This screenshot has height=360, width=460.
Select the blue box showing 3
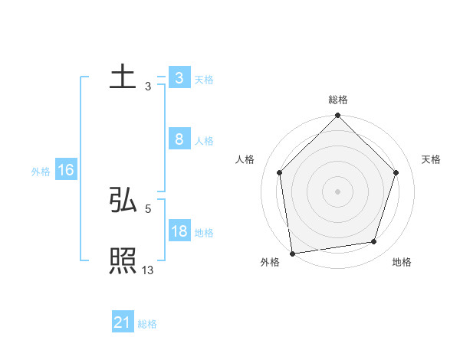click(179, 78)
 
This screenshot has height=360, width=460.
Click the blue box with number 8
click(179, 139)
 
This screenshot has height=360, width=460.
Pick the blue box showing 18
click(179, 231)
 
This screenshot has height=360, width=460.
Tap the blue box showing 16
click(66, 170)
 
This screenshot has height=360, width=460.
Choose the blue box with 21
click(123, 322)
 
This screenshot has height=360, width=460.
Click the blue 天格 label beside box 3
click(204, 80)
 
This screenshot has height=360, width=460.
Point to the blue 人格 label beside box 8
click(204, 141)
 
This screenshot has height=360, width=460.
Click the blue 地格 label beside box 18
click(204, 233)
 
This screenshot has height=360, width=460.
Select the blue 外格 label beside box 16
click(41, 172)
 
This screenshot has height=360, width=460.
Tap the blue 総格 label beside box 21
click(148, 324)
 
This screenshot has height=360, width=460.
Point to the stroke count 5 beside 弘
click(148, 208)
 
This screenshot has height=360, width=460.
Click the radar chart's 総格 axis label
click(338, 100)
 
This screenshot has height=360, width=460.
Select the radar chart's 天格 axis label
click(432, 159)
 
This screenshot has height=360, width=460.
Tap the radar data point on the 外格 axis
click(292, 253)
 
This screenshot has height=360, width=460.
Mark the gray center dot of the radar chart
click(338, 191)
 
